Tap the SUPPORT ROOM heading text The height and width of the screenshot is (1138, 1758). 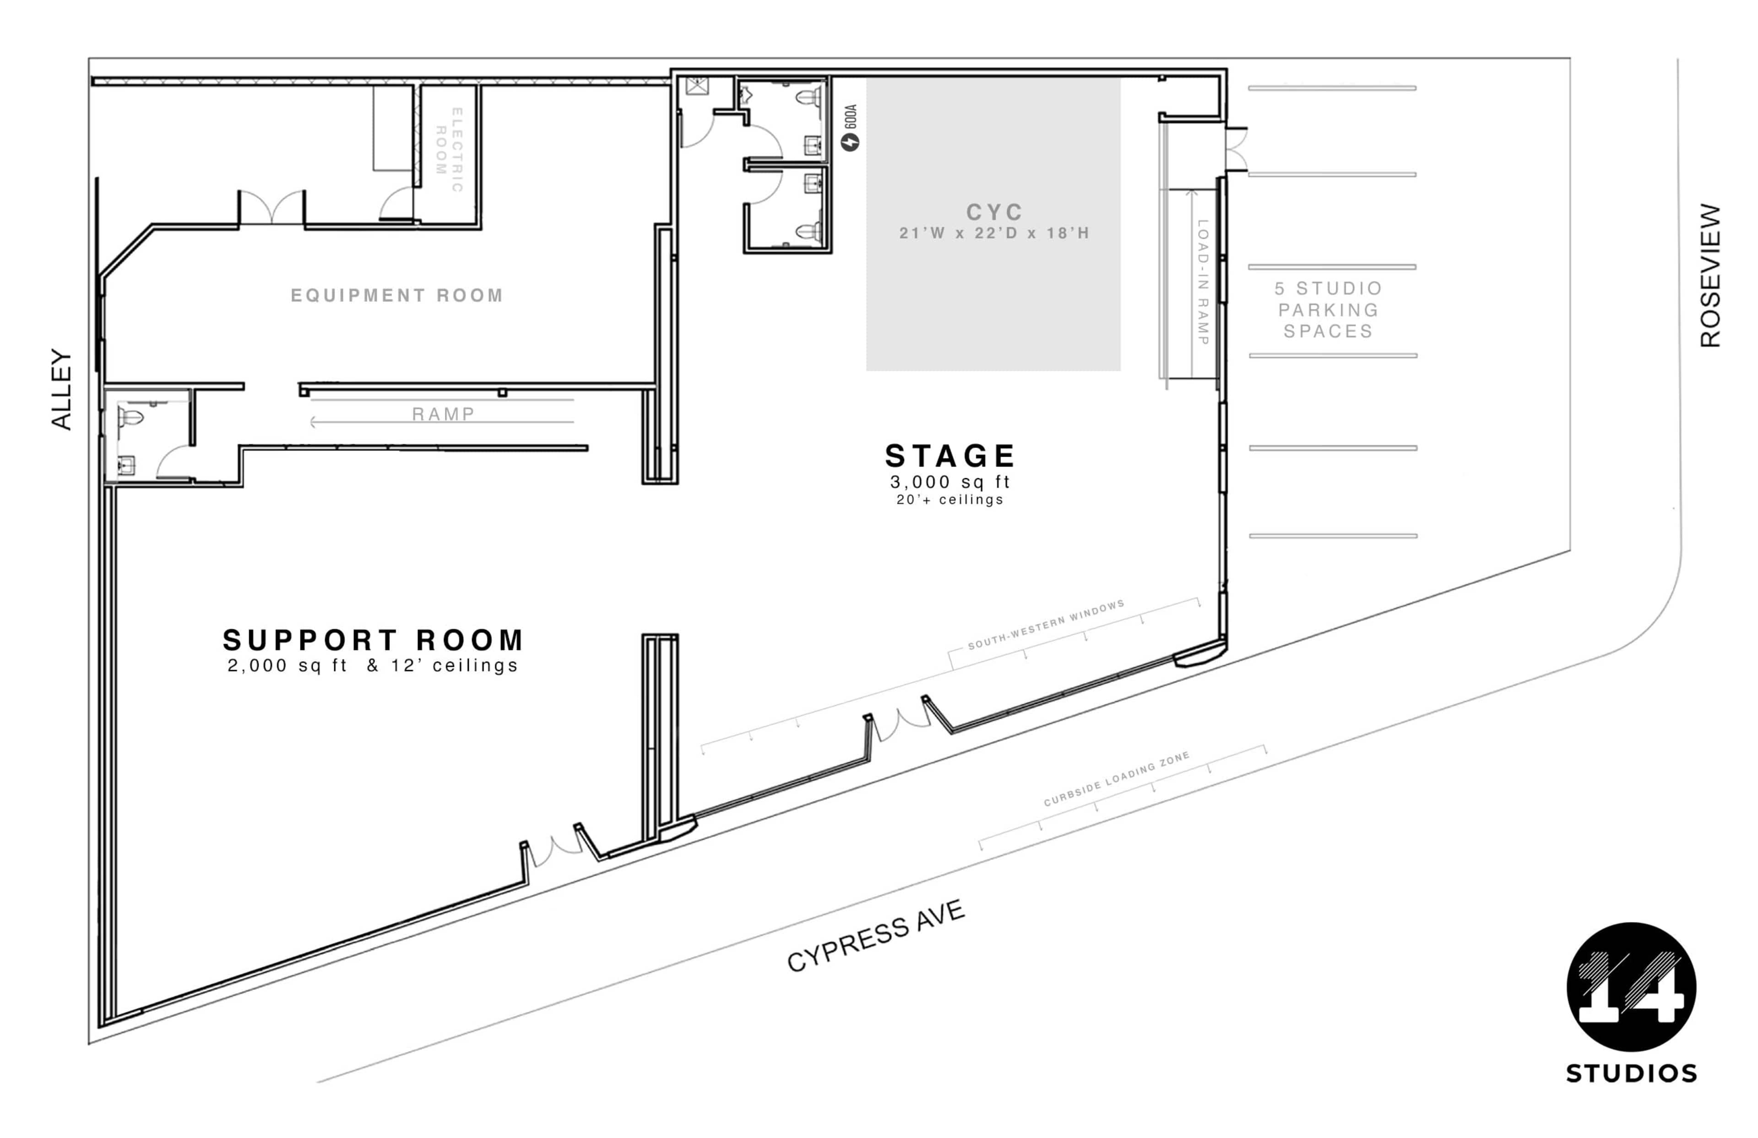(373, 640)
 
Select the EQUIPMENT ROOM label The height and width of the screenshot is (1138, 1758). (396, 296)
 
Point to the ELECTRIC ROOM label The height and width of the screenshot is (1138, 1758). (449, 150)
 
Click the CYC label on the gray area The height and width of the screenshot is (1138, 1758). (994, 212)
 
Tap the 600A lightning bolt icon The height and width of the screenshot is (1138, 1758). (850, 141)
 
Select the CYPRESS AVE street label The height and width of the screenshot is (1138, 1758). (876, 936)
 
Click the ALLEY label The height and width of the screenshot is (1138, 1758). (61, 389)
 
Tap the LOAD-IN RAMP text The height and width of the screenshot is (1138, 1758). (1203, 282)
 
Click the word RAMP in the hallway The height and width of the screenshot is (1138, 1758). (443, 414)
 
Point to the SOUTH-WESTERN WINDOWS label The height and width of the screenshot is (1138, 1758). (1046, 625)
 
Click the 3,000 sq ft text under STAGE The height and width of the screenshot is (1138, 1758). (950, 482)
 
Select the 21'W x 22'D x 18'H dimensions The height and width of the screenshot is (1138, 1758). (994, 233)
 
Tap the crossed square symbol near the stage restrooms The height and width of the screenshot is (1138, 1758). (696, 86)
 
